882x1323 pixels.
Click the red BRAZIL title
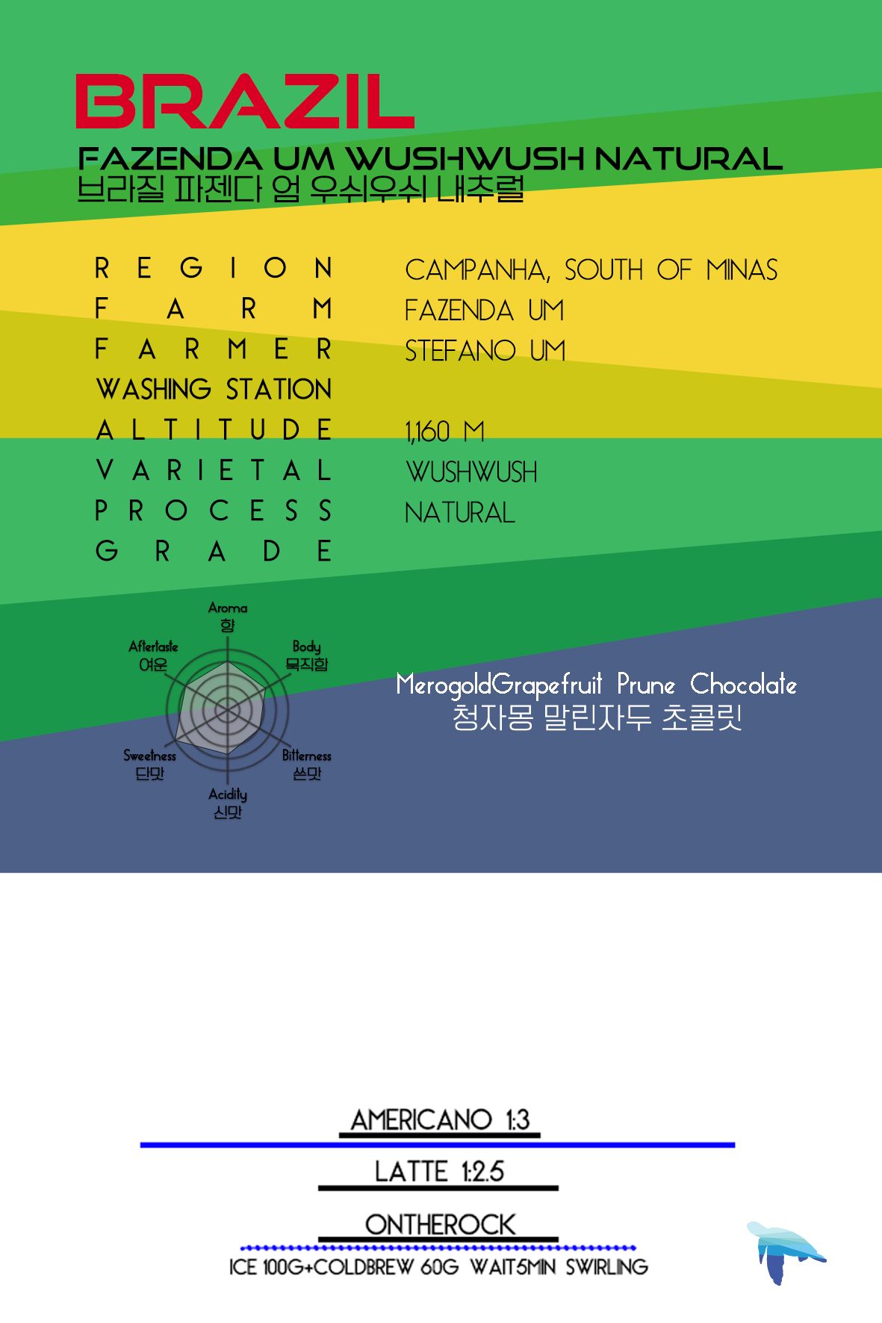[245, 102]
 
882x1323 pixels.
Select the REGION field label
[214, 268]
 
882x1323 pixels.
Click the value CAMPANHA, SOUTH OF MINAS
[591, 270]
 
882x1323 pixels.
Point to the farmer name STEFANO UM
[485, 351]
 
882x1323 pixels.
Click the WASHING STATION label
[214, 390]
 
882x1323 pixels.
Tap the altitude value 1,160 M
[444, 432]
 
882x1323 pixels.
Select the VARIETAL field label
[214, 471]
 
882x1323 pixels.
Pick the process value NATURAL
[460, 513]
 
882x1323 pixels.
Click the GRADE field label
[214, 552]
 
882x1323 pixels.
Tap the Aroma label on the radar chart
[228, 608]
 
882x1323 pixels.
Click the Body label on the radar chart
[306, 647]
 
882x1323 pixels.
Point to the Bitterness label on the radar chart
[306, 756]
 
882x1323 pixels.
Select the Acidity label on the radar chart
[228, 794]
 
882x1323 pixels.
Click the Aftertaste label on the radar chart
[153, 647]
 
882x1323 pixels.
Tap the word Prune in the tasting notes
[646, 685]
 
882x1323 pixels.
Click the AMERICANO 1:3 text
[440, 1120]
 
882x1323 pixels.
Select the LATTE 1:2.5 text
[439, 1171]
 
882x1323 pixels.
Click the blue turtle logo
[783, 1251]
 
